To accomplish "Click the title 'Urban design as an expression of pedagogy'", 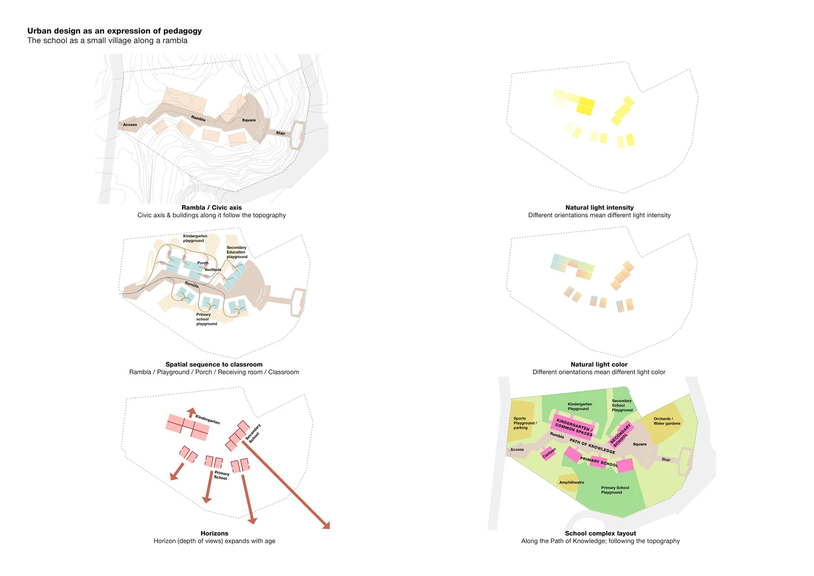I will coord(115,31).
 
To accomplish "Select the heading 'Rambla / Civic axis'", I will coord(211,207).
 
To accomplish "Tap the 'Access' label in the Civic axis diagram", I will coord(130,125).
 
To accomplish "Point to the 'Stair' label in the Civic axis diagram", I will coord(280,133).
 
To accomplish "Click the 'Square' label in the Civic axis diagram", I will coord(249,120).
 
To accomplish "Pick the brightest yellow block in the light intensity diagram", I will coord(586,106).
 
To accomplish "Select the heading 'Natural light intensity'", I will coord(599,207).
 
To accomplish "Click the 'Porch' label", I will coord(203,263).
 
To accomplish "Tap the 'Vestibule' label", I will coord(212,270).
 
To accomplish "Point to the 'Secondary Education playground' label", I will coord(237,252).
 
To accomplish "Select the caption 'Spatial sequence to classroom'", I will coord(214,365).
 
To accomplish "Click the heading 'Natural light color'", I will coord(599,365).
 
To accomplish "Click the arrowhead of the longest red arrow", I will coord(326,525).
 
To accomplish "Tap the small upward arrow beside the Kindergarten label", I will coord(191,412).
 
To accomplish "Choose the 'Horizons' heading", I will coord(214,533).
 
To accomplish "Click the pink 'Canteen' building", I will coord(549,453).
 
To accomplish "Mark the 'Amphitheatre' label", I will coord(572,483).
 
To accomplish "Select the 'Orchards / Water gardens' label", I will coord(667,421).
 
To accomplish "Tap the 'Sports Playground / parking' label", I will coord(524,423).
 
